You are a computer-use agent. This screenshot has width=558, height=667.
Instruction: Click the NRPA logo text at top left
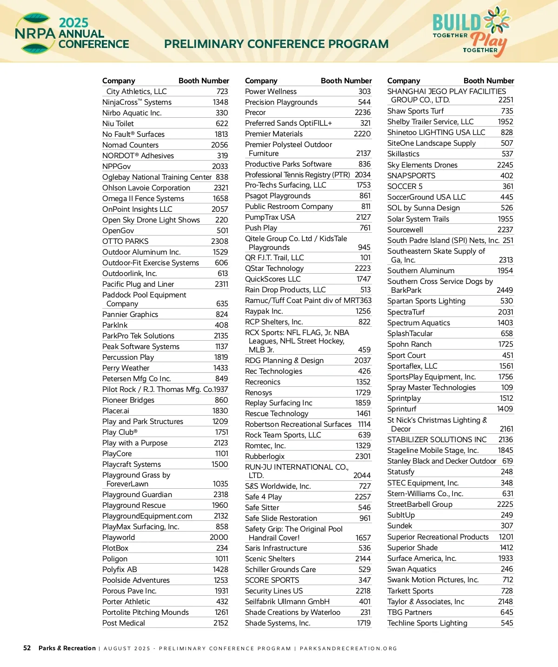[x=35, y=34]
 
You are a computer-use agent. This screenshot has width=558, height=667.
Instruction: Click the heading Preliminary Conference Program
[x=276, y=44]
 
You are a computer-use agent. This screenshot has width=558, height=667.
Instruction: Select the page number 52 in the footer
[x=27, y=648]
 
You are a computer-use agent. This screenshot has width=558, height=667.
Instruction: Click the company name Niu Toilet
[x=118, y=124]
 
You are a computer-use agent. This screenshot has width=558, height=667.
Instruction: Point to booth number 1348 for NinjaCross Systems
[x=220, y=102]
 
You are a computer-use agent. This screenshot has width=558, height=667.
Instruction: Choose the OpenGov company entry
[x=118, y=231]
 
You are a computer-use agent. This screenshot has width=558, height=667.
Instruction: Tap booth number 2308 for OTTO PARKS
[x=219, y=242]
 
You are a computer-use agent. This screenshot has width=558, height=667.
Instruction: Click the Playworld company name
[x=119, y=538]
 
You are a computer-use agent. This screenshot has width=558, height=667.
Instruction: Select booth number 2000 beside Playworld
[x=219, y=538]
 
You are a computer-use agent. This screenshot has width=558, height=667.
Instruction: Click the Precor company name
[x=255, y=113]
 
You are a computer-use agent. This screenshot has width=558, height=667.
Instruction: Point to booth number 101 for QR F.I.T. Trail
[x=365, y=258]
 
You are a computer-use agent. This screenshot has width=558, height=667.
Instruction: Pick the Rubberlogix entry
[x=265, y=457]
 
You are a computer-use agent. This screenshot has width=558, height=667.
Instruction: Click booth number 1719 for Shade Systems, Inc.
[x=364, y=623]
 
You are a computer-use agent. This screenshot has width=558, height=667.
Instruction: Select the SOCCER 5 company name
[x=405, y=187]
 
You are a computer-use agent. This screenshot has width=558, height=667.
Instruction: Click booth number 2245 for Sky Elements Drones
[x=505, y=165]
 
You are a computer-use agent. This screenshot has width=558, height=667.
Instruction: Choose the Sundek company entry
[x=400, y=526]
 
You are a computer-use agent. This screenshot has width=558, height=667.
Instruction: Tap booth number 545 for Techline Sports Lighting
[x=507, y=623]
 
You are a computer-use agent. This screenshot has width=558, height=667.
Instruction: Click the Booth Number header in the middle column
[x=346, y=81]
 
